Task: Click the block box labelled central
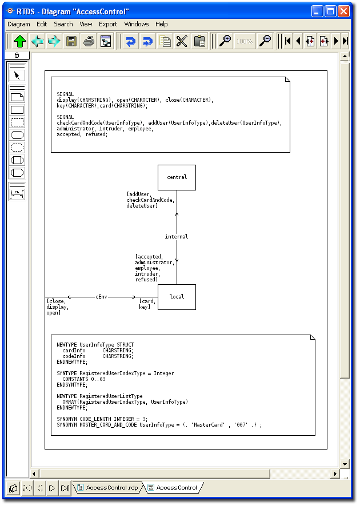[177, 177]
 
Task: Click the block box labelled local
[177, 297]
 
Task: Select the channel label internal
[177, 236]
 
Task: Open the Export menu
[108, 24]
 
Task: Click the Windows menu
[137, 24]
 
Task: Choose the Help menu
[162, 24]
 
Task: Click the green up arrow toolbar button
[20, 41]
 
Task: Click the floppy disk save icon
[71, 41]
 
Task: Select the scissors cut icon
[182, 41]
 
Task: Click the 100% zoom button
[245, 41]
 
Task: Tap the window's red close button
[343, 11]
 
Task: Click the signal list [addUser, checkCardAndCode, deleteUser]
[150, 200]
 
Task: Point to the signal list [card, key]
[147, 304]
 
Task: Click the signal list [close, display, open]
[58, 307]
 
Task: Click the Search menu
[63, 24]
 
